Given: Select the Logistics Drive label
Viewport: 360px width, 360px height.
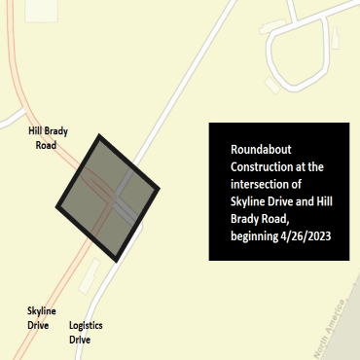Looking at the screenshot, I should tap(87, 334).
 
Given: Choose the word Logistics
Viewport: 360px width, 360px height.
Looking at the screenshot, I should tap(87, 326).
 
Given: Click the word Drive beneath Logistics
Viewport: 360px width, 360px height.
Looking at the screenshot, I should tap(80, 342).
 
